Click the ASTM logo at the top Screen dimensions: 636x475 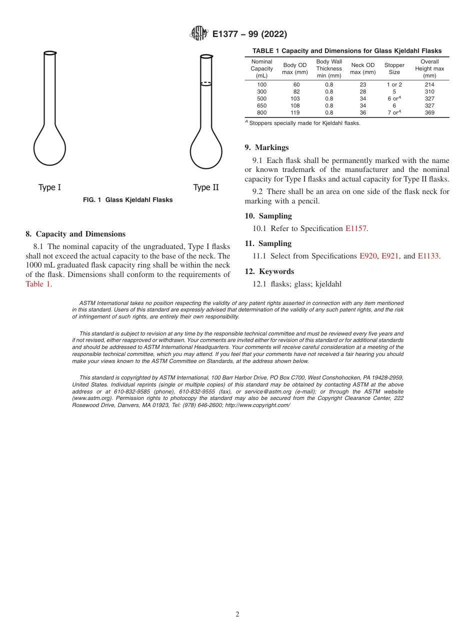point(199,33)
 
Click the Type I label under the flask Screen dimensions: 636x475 point(49,187)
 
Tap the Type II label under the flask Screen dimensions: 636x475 point(206,187)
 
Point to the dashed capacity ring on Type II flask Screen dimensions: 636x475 point(206,82)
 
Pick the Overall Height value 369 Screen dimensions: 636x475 point(429,112)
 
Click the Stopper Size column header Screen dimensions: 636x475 point(394,68)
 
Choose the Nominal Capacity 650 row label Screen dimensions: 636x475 point(261,105)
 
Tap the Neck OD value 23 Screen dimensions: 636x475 point(362,84)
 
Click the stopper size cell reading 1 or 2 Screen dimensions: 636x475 point(394,84)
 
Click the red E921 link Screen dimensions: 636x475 point(390,256)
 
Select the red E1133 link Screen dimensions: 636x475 point(428,256)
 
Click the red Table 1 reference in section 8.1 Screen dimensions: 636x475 point(38,284)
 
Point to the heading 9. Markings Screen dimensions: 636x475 point(266,147)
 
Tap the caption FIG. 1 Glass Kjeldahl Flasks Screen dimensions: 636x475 point(127,200)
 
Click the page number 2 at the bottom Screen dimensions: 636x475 point(237,614)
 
